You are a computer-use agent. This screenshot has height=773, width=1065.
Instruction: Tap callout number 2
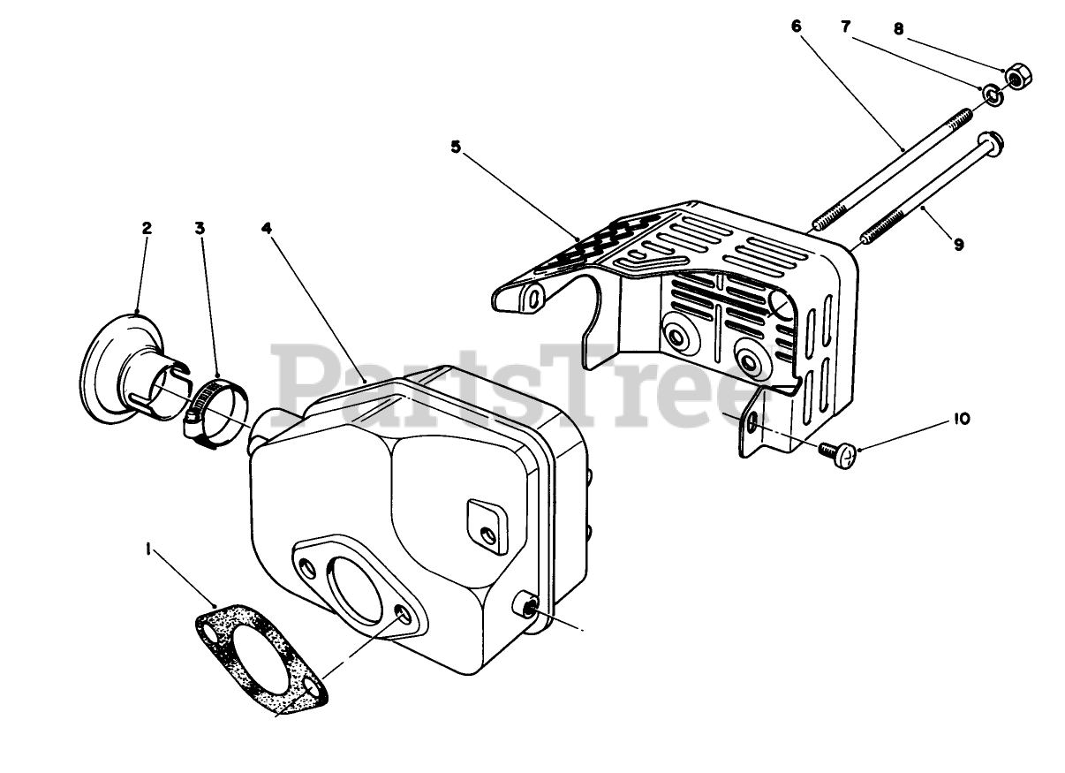pos(147,228)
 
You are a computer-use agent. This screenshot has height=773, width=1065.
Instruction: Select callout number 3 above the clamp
pos(200,228)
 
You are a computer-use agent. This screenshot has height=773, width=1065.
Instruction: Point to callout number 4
pos(266,228)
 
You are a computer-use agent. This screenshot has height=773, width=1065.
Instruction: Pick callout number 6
pos(796,27)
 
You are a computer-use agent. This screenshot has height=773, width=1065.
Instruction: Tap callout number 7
pos(845,27)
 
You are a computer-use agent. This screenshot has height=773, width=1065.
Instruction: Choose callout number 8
pos(898,29)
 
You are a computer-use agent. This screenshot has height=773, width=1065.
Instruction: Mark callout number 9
pos(959,245)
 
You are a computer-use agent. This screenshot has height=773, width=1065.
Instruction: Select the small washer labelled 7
pos(990,94)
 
